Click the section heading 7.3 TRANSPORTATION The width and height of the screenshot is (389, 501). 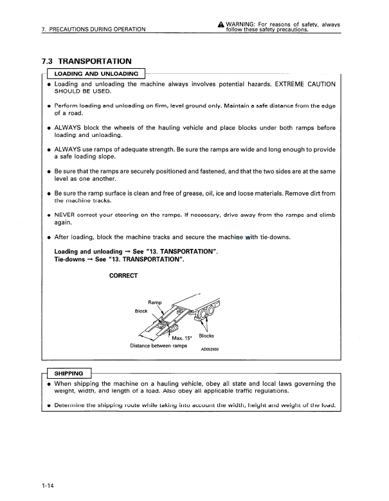[86, 61]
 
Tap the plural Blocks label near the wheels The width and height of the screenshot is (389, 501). [206, 336]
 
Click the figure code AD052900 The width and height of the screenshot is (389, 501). [210, 351]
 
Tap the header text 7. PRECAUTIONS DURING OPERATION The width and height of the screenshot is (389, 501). [93, 28]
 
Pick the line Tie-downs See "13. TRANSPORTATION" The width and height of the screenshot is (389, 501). [120, 259]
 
